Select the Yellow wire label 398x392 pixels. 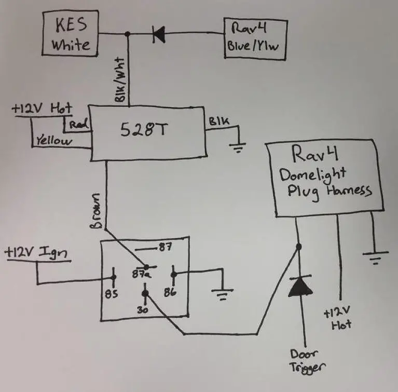(x=54, y=140)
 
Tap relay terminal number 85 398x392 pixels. (x=112, y=294)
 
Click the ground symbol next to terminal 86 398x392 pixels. (x=224, y=295)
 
